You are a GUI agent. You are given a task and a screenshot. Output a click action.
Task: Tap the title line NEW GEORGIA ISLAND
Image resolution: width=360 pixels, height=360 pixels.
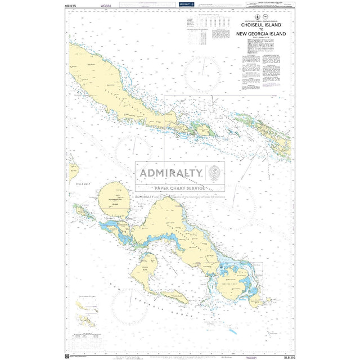[x=261, y=34]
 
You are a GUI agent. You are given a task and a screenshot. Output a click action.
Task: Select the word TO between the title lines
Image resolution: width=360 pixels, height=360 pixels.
[x=261, y=29]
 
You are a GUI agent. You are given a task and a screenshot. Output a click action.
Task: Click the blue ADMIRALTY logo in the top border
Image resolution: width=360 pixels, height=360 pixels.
[x=186, y=4]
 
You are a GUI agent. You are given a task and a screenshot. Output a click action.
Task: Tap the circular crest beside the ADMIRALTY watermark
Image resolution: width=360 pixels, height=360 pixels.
[x=215, y=173]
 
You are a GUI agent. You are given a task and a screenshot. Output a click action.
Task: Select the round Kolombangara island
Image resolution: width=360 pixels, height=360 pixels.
[x=114, y=199]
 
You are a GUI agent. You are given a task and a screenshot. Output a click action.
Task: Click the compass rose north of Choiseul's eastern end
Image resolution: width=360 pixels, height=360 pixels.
[x=202, y=74]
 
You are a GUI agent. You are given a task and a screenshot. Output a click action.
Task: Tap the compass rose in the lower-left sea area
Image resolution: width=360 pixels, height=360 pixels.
[x=129, y=307]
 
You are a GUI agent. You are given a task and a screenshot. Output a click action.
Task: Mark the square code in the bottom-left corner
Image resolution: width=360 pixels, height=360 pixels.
[x=68, y=355]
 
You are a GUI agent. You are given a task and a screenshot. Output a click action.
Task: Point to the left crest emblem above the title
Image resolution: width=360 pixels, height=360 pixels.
[x=256, y=17]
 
